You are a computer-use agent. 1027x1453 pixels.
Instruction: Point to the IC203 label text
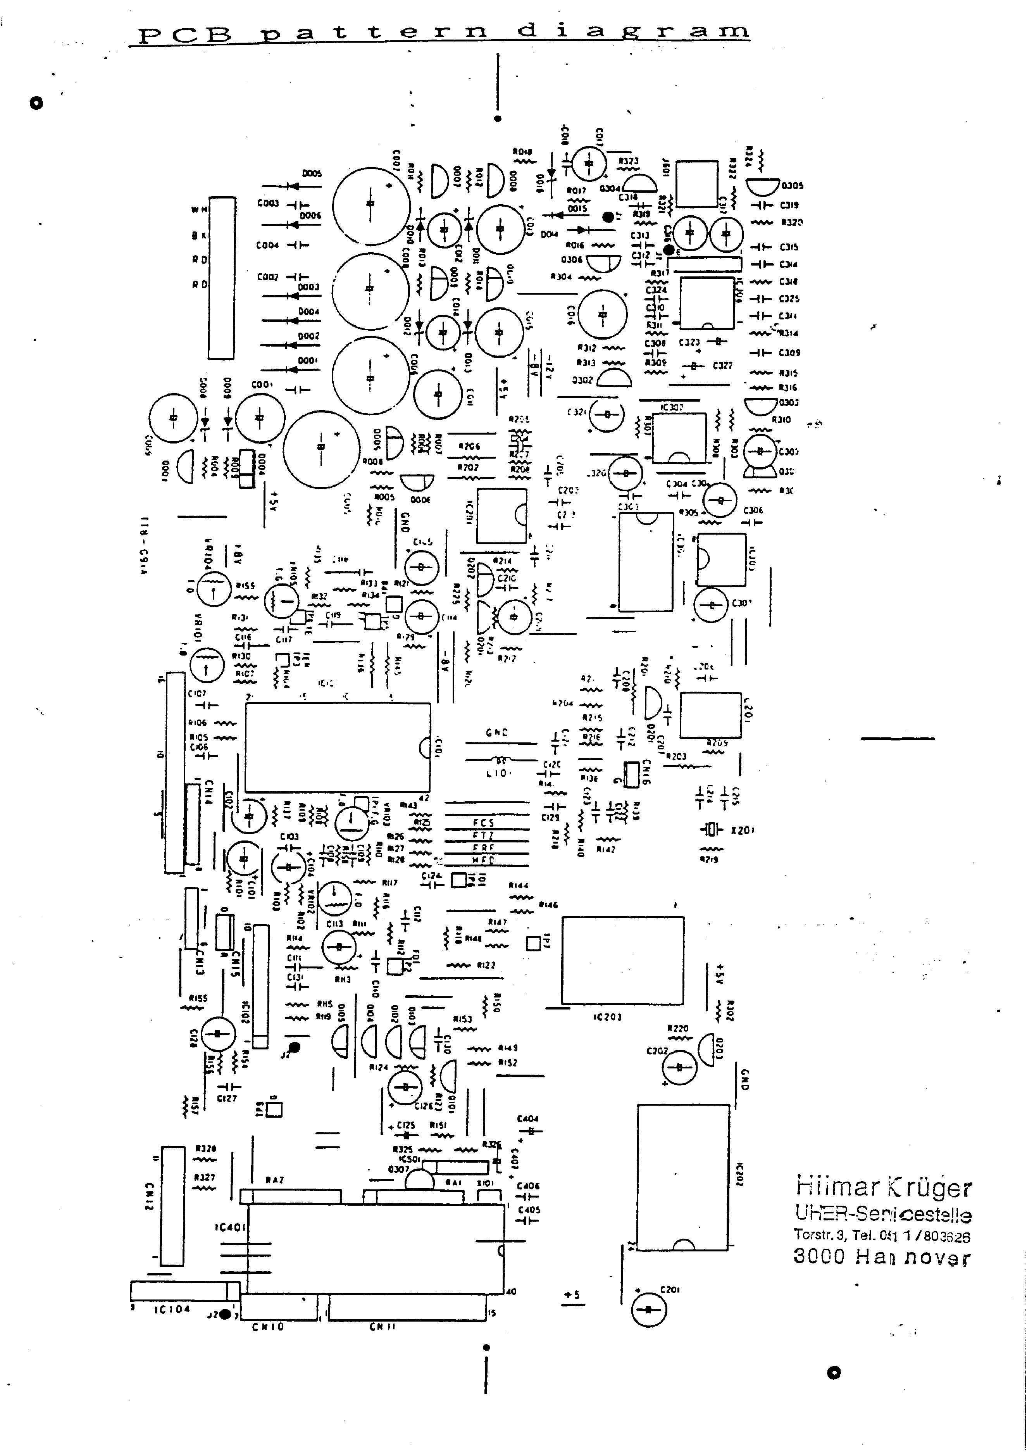point(607,1016)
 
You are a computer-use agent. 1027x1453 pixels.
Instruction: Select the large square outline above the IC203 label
point(623,960)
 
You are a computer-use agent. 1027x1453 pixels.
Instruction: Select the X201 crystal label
point(742,830)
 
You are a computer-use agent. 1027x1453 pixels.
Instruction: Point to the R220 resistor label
point(678,1028)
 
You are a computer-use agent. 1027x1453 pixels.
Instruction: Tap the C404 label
point(528,1119)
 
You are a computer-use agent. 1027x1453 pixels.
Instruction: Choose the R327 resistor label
point(204,1178)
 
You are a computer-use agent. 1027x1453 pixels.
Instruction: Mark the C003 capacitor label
point(268,203)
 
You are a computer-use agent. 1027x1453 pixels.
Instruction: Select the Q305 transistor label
point(792,185)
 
